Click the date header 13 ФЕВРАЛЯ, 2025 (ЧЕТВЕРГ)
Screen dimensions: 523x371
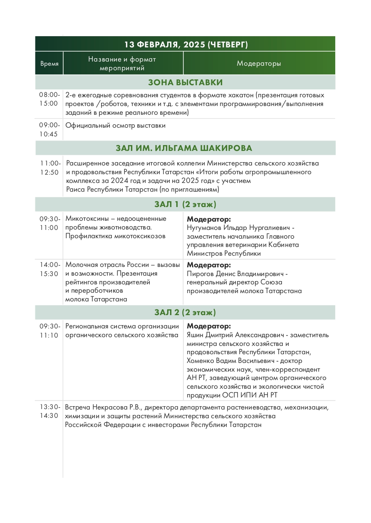coord(186,44)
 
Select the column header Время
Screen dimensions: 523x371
coord(49,64)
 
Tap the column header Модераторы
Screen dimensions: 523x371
coord(259,64)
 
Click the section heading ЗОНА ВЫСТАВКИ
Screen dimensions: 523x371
coord(185,82)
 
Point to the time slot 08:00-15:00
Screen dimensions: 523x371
coord(49,99)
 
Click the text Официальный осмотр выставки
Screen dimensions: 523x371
coord(115,126)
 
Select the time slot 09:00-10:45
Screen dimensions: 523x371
coord(49,130)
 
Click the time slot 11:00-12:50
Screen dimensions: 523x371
coord(49,168)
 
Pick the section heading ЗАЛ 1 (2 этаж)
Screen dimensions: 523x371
coord(185,205)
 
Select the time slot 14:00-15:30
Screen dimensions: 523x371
coord(49,269)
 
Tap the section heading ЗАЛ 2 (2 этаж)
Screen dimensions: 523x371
coord(185,313)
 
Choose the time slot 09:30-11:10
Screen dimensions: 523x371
coord(49,331)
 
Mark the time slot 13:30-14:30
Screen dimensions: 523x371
coord(49,411)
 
